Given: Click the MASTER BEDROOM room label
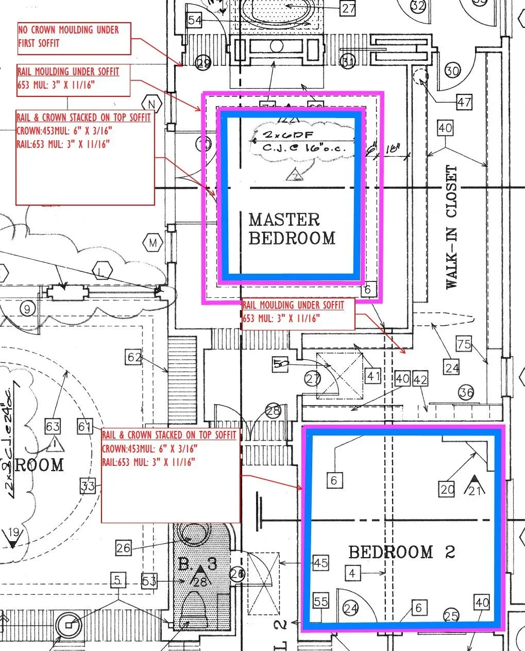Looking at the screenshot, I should tap(292, 229).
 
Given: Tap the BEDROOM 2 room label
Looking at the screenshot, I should tap(401, 553).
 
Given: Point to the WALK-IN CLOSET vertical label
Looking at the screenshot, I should tap(451, 227).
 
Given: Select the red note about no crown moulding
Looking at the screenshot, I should tap(74, 37).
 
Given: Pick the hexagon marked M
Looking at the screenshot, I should tap(153, 242).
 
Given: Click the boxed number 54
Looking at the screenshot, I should tap(194, 21).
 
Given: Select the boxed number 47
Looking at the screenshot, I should tap(464, 102).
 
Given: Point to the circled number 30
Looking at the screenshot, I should tap(452, 70).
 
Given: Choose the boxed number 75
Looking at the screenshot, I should tap(464, 344).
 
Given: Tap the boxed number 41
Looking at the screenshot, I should tap(373, 376).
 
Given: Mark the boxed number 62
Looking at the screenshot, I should tap(134, 357).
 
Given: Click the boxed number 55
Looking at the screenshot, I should tap(320, 601).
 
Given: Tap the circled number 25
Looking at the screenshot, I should tap(451, 615).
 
